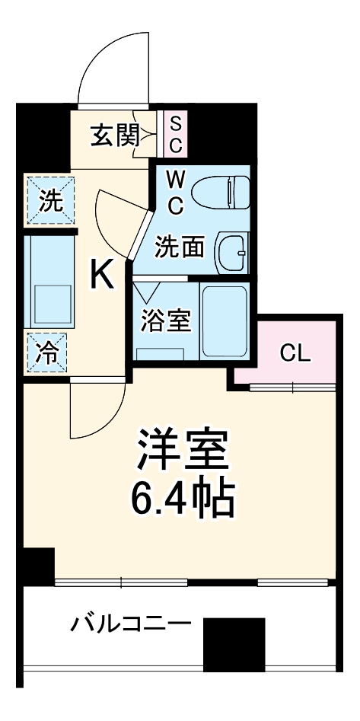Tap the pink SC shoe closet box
174,134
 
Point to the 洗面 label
180,247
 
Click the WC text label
175,192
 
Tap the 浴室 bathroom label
165,321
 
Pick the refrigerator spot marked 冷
48,353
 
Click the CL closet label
295,353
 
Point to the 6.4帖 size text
182,499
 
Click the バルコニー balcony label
130,626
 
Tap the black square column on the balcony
234,643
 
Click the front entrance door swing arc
114,69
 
